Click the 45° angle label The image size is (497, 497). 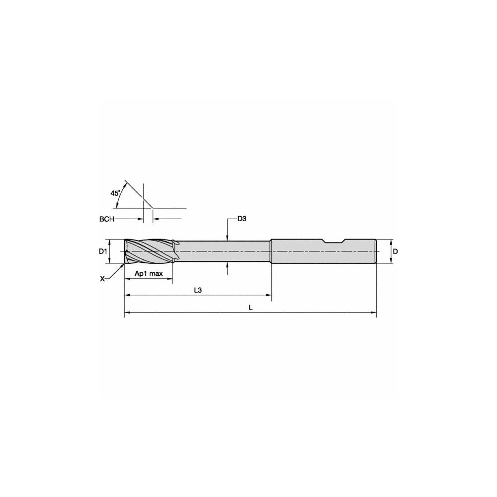click(115, 192)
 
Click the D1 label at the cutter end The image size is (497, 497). click(103, 251)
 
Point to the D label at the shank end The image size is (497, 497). click(395, 251)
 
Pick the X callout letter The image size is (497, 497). click(102, 279)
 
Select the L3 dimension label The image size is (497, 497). click(197, 290)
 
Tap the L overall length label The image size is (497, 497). click(251, 308)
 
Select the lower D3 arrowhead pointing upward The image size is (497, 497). click(227, 265)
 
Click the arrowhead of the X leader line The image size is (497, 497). click(123, 265)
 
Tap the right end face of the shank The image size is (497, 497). click(376, 251)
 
